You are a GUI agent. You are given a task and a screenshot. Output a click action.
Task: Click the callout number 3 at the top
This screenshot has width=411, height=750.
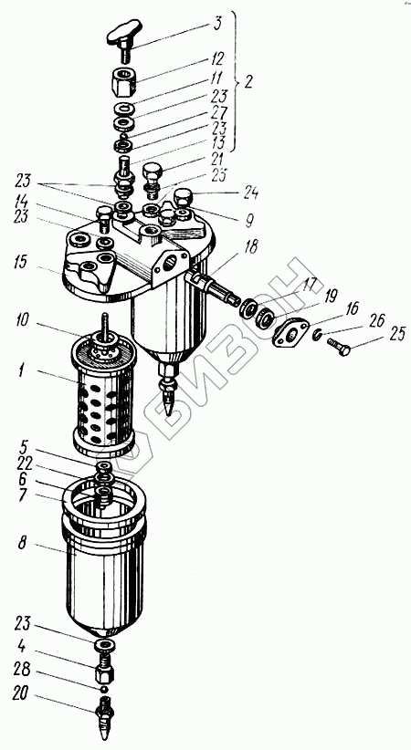coord(217,24)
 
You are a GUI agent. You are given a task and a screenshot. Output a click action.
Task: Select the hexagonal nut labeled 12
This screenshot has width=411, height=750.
coord(124,81)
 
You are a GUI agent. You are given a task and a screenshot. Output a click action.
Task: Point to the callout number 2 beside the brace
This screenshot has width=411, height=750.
coord(248,82)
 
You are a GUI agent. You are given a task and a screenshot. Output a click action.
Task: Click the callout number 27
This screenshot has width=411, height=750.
coord(217,113)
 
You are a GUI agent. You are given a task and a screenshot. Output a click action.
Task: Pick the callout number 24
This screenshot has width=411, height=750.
coord(250,193)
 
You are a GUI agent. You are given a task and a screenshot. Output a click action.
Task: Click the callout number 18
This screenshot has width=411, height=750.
coord(249,247)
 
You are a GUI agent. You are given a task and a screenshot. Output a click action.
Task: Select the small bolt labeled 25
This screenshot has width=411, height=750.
coord(339,347)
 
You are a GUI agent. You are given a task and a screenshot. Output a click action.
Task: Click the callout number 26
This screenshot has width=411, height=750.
coord(377,321)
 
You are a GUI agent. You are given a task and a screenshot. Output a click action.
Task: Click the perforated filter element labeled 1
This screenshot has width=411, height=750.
coord(103,393)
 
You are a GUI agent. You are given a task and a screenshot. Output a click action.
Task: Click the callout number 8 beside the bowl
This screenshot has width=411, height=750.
coord(22,544)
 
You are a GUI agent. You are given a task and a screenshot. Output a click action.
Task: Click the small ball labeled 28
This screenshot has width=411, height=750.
coord(103,689)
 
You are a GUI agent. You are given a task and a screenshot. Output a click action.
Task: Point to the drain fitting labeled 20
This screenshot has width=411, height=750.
coord(105,714)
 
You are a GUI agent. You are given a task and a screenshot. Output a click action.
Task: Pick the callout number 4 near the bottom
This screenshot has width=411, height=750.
coord(22,646)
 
